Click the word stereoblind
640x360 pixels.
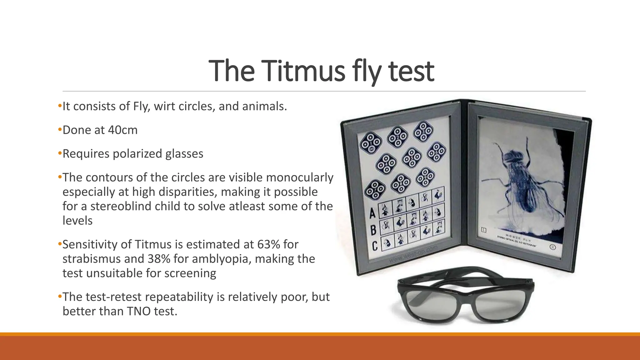click(121, 206)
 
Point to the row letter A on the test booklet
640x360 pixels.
click(372, 213)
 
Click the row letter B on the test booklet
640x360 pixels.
click(373, 230)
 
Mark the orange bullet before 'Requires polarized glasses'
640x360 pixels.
click(60, 153)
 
